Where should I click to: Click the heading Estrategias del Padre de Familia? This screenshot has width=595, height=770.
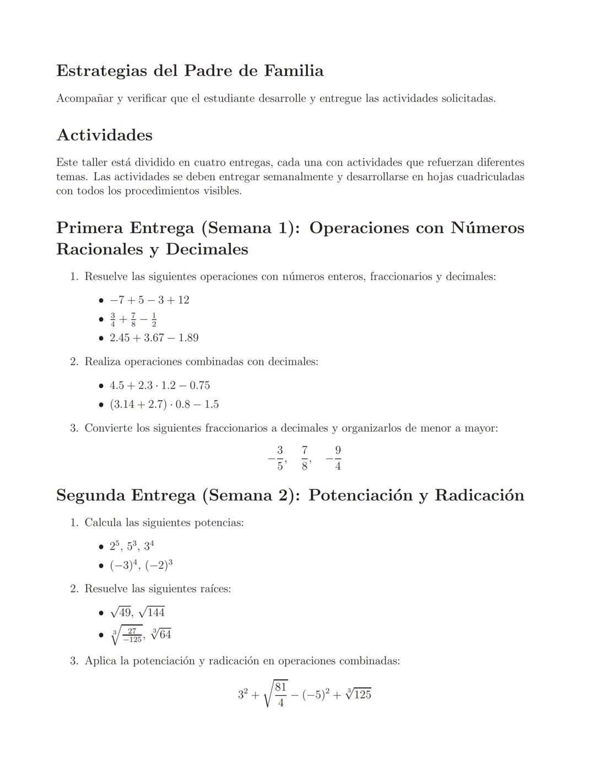coord(190,71)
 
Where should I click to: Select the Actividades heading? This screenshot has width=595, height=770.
coord(104,135)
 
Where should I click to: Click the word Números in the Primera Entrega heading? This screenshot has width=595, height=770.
coord(487,228)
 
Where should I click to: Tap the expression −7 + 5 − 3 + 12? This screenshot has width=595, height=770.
coord(149,300)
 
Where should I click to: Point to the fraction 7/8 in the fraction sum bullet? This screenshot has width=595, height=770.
coord(133,320)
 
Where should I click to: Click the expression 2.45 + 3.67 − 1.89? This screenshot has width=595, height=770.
coord(154,338)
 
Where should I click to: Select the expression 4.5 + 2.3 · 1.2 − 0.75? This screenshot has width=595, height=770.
coord(160,385)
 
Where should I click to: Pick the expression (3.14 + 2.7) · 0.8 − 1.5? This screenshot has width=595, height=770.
coord(164,405)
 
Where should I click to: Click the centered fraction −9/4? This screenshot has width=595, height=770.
coord(334,458)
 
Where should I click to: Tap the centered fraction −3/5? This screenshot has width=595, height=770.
coord(277,458)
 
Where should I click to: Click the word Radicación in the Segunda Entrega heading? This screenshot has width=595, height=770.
coord(479,495)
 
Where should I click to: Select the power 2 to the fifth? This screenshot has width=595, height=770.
coord(114,546)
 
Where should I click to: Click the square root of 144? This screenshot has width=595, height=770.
coord(152,612)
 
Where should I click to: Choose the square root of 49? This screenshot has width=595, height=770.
coord(121,612)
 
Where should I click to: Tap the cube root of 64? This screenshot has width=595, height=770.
coord(161,634)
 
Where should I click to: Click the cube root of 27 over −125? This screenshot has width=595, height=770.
coord(127,635)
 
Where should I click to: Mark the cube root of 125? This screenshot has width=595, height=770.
coord(358,694)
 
